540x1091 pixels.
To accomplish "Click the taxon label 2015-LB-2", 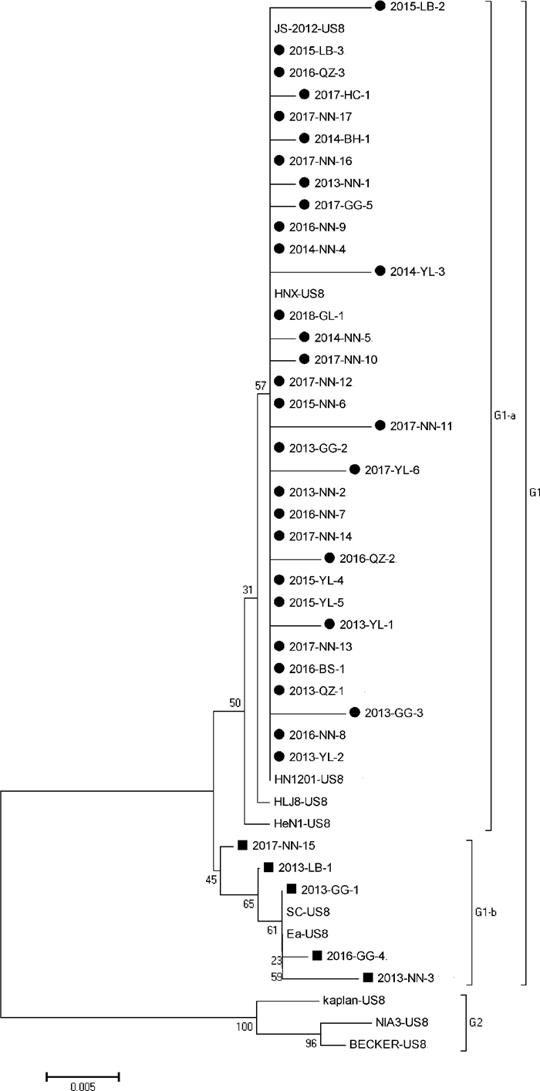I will click(417, 6).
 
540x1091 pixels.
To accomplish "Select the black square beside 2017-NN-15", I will click(241, 845).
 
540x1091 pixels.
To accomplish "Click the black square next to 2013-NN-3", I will click(368, 978).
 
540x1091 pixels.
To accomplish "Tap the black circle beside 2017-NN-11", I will click(380, 425).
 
